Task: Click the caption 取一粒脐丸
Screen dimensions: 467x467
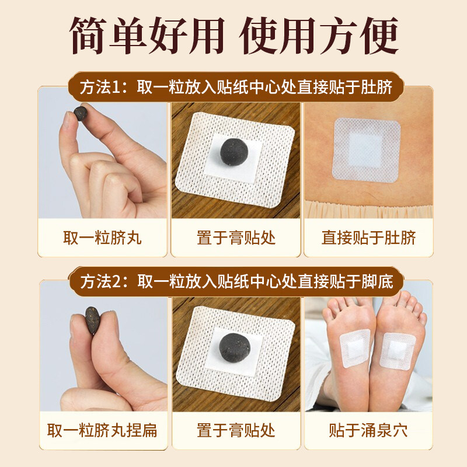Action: [x=102, y=238]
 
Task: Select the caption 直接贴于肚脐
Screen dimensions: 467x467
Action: [x=368, y=238]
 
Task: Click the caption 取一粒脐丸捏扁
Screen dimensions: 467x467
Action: [x=102, y=431]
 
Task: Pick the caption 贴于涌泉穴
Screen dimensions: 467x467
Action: [x=368, y=431]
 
